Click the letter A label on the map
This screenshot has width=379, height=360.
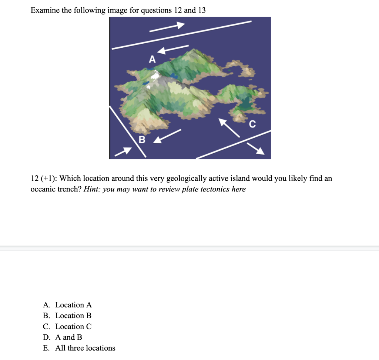click(x=152, y=59)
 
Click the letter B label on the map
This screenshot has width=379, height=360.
click(x=142, y=140)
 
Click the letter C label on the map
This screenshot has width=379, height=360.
click(x=252, y=125)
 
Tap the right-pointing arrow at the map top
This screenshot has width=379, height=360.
click(x=167, y=28)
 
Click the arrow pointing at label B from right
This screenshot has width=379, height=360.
click(x=167, y=136)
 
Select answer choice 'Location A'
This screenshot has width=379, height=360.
click(x=73, y=305)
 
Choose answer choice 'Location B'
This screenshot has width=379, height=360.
click(x=73, y=316)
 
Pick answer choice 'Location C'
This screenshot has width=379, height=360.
click(x=73, y=327)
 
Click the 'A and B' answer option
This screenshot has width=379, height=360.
click(x=68, y=337)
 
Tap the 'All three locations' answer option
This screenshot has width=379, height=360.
click(x=85, y=348)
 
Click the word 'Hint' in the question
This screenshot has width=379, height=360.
click(x=91, y=189)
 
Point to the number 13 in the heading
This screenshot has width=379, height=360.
click(x=201, y=10)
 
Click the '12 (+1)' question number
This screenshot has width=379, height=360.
click(x=42, y=179)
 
